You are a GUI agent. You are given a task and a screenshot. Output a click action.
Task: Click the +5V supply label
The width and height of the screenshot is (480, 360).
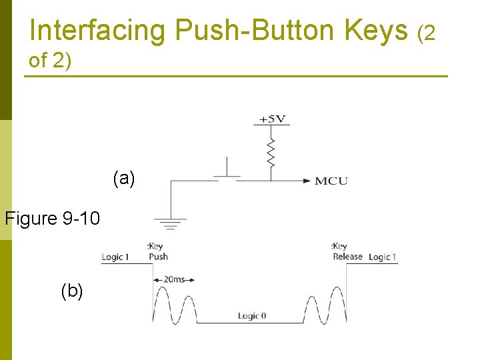click(x=272, y=119)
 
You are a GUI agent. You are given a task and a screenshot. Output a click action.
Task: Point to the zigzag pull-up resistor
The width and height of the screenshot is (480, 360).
click(x=271, y=151)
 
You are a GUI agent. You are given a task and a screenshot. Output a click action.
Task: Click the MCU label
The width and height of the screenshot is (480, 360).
click(x=331, y=181)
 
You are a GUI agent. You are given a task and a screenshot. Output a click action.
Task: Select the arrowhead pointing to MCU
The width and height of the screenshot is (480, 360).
click(x=307, y=180)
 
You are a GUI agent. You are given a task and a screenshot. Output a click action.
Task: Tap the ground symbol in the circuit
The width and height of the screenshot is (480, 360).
click(x=171, y=223)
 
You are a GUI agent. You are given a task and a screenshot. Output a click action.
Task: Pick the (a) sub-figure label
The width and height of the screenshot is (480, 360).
click(x=124, y=178)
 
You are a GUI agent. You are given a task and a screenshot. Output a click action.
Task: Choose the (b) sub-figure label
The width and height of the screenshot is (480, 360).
click(x=72, y=291)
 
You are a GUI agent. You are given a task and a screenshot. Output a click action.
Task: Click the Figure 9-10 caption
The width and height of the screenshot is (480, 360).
click(x=53, y=218)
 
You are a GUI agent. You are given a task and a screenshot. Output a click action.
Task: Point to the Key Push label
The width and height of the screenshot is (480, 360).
click(x=157, y=252)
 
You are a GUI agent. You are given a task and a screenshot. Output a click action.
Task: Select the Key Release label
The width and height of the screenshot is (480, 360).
click(x=347, y=251)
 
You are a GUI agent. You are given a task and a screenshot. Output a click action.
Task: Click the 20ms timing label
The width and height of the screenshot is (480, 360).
click(x=174, y=279)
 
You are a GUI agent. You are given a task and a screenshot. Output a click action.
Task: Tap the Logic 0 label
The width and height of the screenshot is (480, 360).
click(x=252, y=315)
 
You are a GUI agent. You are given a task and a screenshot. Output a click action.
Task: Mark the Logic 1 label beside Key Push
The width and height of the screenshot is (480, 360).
click(x=115, y=257)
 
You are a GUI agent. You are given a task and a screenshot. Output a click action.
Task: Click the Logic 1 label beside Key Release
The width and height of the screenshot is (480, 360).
click(x=382, y=257)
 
